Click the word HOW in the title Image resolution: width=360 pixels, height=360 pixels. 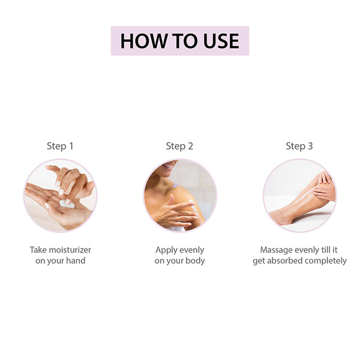click(143, 41)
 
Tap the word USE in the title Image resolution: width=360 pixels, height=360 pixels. click(221, 41)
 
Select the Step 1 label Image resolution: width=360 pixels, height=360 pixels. click(60, 146)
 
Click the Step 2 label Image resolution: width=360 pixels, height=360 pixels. click(179, 146)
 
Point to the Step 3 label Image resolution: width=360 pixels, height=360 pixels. click(299, 146)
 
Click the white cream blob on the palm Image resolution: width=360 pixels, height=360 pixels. click(67, 204)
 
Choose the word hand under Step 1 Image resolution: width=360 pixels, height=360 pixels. click(76, 260)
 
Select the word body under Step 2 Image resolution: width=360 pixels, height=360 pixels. click(195, 261)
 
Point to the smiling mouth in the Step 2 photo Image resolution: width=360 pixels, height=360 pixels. click(169, 164)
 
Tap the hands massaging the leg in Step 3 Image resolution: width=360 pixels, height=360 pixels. click(324, 187)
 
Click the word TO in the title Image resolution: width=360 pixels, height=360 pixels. click(185, 41)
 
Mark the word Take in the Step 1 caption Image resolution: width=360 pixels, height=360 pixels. click(38, 250)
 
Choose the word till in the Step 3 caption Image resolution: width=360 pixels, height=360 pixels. click(326, 250)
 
